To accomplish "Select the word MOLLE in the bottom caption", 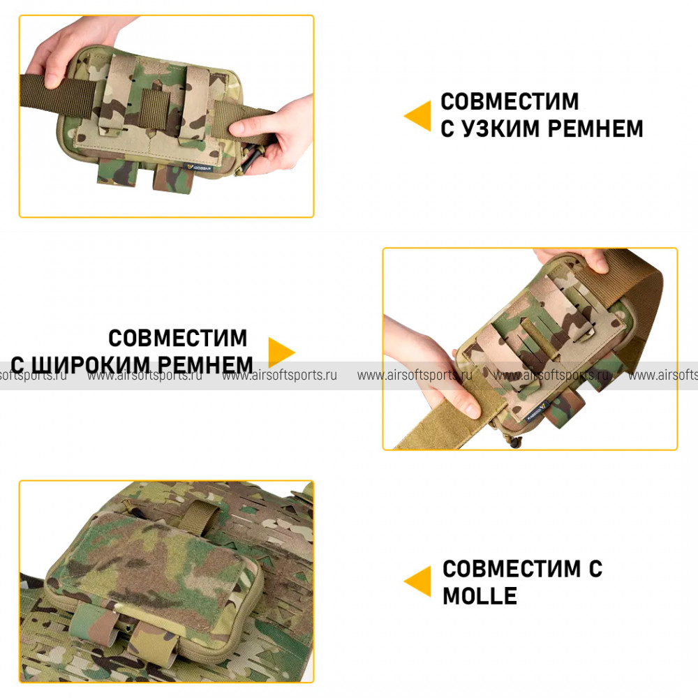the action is click(480, 596).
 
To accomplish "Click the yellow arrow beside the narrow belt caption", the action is click(417, 116).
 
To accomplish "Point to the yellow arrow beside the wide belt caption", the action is click(281, 352).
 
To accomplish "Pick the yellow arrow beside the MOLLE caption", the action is click(417, 581).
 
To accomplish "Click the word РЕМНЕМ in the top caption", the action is click(595, 128).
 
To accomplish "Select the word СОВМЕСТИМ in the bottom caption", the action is click(512, 569).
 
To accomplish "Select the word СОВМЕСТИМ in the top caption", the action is click(510, 101).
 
